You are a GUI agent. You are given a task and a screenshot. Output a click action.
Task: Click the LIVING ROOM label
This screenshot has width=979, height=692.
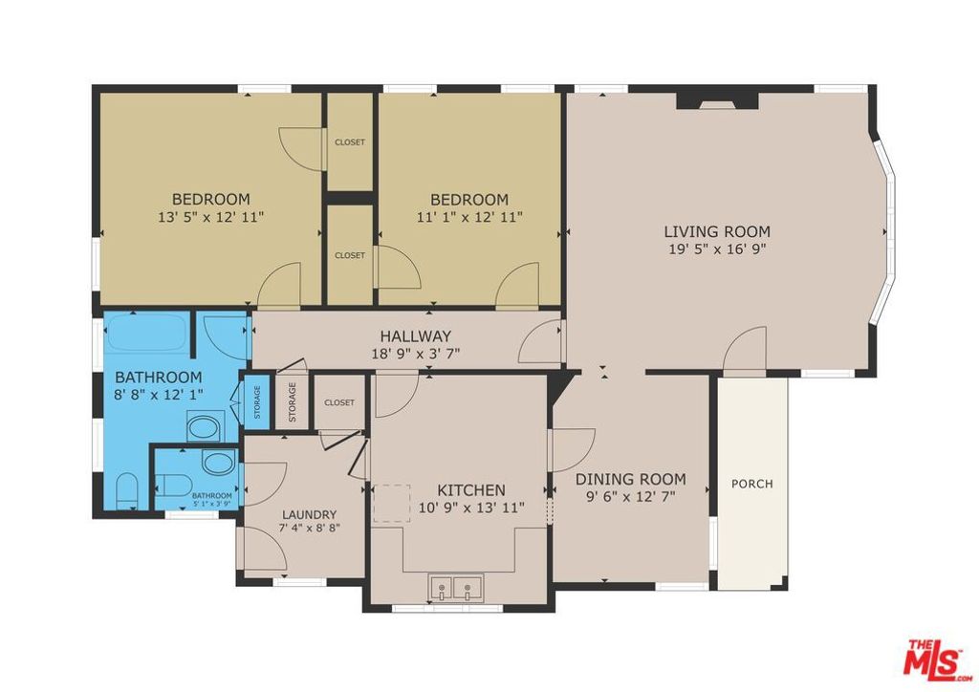tap(717, 231)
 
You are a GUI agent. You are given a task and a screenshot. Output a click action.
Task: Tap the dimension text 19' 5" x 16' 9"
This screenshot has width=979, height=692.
tap(717, 249)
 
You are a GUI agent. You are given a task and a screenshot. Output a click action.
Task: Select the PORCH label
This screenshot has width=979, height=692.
tap(751, 484)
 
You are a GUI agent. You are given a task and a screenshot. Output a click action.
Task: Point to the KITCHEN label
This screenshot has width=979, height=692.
tap(471, 489)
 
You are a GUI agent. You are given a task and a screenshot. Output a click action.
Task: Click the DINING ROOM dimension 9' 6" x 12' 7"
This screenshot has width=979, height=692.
tap(630, 497)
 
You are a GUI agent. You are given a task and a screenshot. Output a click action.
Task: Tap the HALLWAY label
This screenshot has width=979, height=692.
tap(415, 336)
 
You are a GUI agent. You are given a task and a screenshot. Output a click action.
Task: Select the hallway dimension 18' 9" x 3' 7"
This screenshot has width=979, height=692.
tap(415, 354)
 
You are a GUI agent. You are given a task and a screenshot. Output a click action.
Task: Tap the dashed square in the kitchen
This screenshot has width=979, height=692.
tap(390, 503)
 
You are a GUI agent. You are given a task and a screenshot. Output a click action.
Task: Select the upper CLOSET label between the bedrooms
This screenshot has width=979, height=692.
tap(349, 142)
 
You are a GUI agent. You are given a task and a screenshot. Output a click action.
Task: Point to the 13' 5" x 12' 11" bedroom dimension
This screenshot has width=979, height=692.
tap(210, 217)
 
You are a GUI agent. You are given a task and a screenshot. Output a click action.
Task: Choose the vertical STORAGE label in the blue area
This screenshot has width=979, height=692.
tap(256, 401)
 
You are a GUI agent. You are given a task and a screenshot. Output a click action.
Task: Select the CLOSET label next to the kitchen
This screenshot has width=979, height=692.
tap(338, 402)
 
